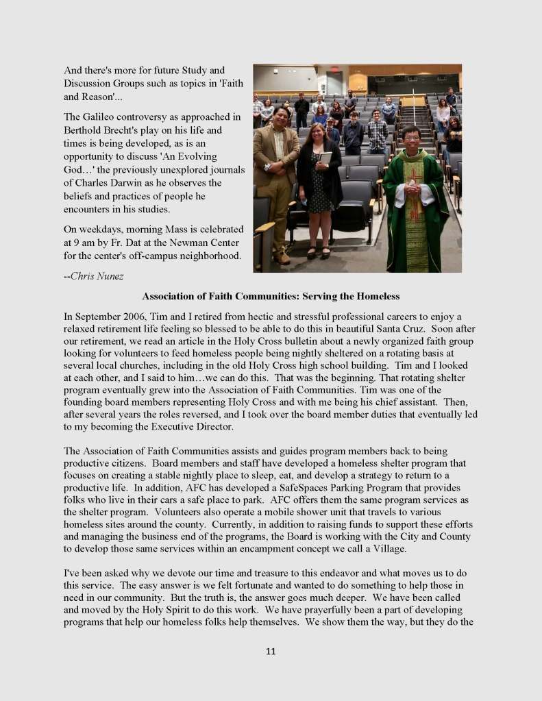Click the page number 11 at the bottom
tap(271, 651)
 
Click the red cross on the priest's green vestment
tap(413, 180)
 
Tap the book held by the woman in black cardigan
tap(325, 158)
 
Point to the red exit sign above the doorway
tap(334, 71)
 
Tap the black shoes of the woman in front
tap(317, 252)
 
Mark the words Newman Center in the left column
tap(208, 243)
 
